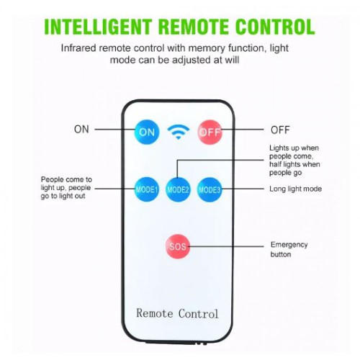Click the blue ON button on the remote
[147, 132]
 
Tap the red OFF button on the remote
[210, 132]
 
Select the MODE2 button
[178, 189]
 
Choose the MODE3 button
[210, 189]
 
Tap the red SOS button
[178, 246]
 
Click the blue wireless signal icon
[179, 132]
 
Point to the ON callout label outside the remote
[81, 130]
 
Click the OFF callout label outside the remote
[280, 130]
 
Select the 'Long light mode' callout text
[295, 189]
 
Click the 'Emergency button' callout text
[289, 249]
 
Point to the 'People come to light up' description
[66, 188]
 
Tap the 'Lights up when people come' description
[294, 160]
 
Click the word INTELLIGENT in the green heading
[98, 27]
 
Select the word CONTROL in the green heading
[275, 27]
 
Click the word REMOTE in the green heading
[194, 27]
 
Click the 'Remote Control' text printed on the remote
[177, 313]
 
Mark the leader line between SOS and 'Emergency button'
[226, 246]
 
